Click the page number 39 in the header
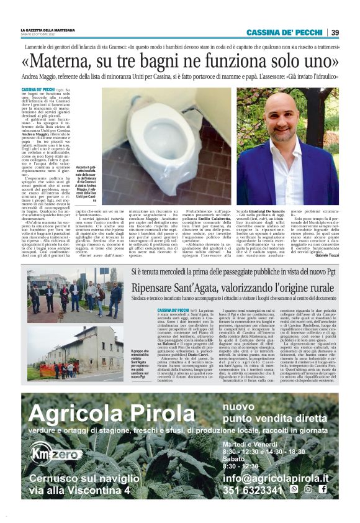335,32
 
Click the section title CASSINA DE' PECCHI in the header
284,32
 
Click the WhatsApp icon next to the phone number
294,490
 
